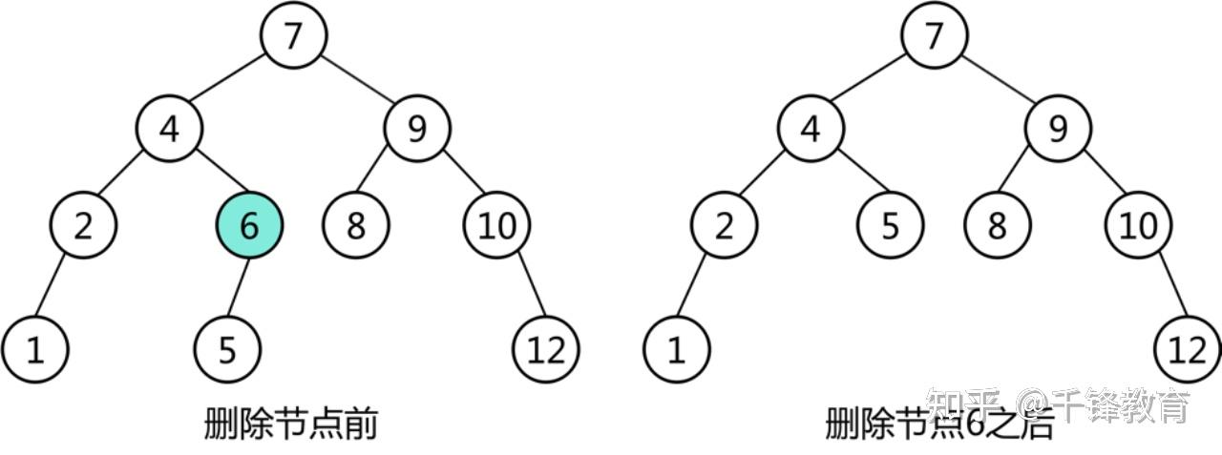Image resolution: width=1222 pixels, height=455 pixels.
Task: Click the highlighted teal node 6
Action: [249, 226]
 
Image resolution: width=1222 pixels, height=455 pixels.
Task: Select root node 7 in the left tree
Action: [294, 35]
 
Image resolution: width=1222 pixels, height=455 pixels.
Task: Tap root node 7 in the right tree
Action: [935, 35]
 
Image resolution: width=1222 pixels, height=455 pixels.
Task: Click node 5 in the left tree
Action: [227, 350]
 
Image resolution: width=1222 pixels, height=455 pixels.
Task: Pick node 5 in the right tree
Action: [890, 226]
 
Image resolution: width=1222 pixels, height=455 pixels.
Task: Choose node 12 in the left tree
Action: [546, 350]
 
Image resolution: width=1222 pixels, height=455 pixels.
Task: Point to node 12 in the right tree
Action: [1188, 350]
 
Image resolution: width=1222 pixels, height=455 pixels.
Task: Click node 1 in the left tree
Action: [35, 350]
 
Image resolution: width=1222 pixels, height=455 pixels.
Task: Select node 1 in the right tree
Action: [676, 350]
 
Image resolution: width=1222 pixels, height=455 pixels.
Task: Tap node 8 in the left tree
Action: [356, 226]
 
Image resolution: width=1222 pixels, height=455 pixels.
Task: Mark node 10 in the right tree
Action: [1138, 226]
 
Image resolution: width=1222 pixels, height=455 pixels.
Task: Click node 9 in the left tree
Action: [417, 129]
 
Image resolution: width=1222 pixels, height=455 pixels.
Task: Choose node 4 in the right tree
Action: [810, 129]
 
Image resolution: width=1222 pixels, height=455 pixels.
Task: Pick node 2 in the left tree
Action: [84, 226]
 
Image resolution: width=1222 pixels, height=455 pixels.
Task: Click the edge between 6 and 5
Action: [239, 287]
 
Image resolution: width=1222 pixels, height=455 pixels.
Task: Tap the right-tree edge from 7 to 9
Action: [997, 82]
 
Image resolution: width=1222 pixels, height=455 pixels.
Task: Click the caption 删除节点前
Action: [290, 424]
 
